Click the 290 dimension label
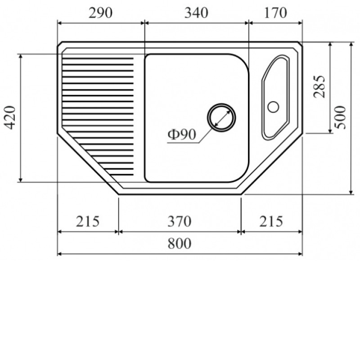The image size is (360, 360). [x=100, y=13]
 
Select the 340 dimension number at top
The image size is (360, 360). [x=196, y=13]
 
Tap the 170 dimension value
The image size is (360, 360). [x=275, y=13]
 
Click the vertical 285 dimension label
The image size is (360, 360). [x=319, y=86]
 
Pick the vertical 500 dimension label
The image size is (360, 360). [x=340, y=117]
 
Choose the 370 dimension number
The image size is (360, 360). [x=179, y=221]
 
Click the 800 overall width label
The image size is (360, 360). [x=179, y=243]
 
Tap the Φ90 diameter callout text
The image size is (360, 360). [x=182, y=134]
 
